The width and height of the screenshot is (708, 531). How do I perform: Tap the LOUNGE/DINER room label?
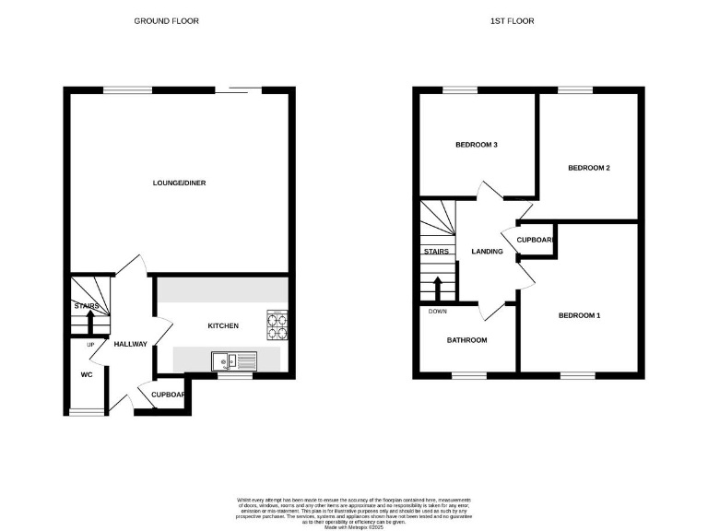click(x=179, y=183)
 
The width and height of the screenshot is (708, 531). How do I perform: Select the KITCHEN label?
click(x=223, y=325)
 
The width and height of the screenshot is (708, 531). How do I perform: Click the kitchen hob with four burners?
click(x=277, y=321)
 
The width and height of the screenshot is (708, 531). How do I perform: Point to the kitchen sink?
click(x=226, y=361)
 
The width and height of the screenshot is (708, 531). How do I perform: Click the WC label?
click(x=87, y=375)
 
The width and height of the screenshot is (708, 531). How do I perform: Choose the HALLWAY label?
click(x=130, y=344)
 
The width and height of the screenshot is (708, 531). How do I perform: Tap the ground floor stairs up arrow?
click(x=89, y=324)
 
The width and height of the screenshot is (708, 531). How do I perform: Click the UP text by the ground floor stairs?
click(x=90, y=345)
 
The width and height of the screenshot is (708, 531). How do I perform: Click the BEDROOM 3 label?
click(x=477, y=145)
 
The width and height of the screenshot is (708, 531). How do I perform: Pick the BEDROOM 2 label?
click(x=589, y=168)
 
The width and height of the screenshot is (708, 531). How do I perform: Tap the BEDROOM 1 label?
click(x=579, y=316)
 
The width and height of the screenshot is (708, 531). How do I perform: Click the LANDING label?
click(x=486, y=251)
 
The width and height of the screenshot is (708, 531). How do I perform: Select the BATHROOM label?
click(x=466, y=340)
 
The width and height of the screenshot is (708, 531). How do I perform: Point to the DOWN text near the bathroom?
click(x=437, y=311)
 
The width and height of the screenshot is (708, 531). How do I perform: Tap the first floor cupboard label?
click(x=535, y=240)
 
